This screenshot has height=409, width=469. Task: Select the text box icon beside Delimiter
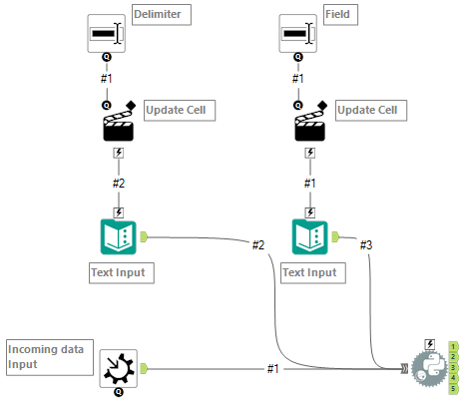coord(106,34)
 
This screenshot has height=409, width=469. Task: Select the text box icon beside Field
coord(296,34)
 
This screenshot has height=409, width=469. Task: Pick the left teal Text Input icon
coord(119,236)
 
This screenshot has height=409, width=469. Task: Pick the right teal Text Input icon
coord(309,236)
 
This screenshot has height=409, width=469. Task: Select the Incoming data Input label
coord(45,356)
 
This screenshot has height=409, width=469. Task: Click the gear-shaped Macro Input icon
coord(119,368)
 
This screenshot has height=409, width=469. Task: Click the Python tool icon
coord(429,369)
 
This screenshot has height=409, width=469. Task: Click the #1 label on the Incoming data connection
coord(272,368)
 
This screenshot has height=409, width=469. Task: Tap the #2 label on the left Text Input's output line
coord(257,244)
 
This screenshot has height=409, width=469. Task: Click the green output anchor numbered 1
coord(453,345)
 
